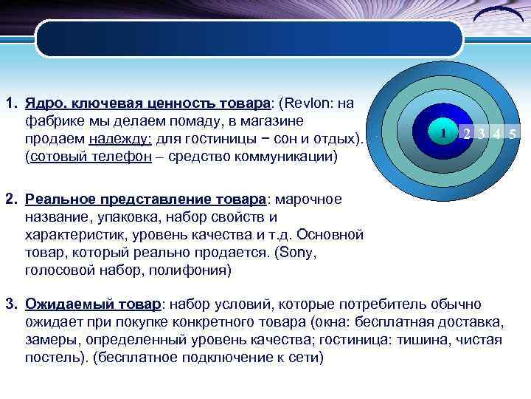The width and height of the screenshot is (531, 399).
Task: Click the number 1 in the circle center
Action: click(442, 134)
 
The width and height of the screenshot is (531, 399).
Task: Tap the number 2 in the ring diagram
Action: click(467, 134)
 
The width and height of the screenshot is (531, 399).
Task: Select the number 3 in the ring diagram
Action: click(482, 134)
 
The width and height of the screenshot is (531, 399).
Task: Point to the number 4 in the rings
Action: click(498, 134)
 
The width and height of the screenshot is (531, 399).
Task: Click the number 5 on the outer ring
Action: click(513, 134)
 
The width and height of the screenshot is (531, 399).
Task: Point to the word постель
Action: click(52, 358)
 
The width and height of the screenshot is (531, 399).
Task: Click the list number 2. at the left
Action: click(12, 199)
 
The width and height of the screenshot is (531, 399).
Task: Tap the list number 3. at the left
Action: click(12, 304)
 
